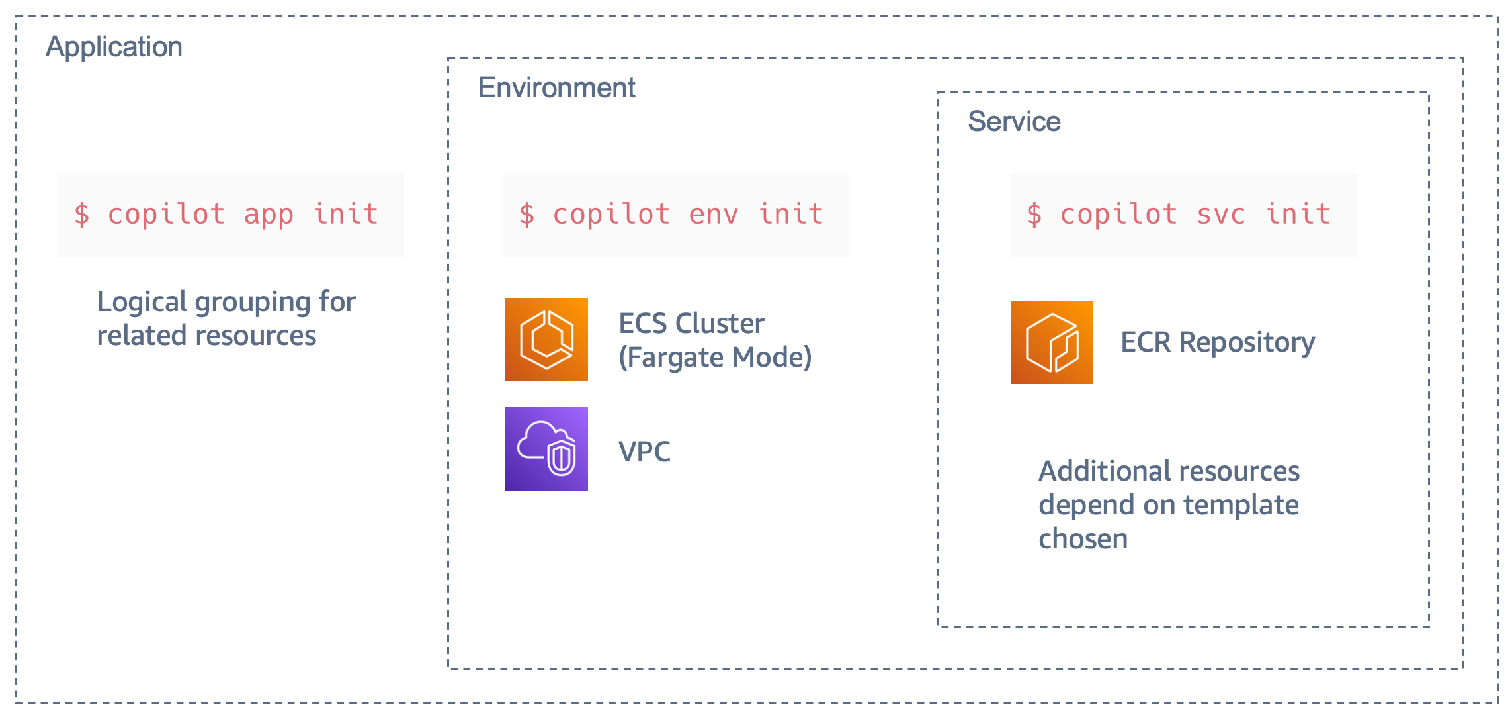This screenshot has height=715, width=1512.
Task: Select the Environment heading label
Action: pyautogui.click(x=556, y=88)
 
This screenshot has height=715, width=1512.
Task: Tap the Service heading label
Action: pyautogui.click(x=1014, y=122)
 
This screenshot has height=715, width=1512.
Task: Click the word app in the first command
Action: pyautogui.click(x=269, y=215)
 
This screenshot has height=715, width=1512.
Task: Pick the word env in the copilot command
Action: pyautogui.click(x=714, y=215)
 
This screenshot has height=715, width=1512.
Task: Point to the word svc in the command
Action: pyautogui.click(x=1221, y=215)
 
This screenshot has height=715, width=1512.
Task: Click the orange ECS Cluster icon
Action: pyautogui.click(x=546, y=340)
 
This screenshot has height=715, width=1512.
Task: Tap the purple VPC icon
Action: pyautogui.click(x=546, y=449)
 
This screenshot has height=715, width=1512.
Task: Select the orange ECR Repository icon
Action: pyautogui.click(x=1052, y=342)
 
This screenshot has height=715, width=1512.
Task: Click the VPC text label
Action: pyautogui.click(x=644, y=452)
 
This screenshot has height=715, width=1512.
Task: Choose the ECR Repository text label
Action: pyautogui.click(x=1218, y=343)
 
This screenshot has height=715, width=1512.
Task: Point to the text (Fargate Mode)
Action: pyautogui.click(x=715, y=358)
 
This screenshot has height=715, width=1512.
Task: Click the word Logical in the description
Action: pyautogui.click(x=142, y=303)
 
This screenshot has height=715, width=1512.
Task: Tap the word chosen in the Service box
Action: pyautogui.click(x=1083, y=539)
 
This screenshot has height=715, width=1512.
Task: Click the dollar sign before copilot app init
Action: pyautogui.click(x=82, y=215)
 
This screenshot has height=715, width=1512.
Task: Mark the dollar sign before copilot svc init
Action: pyautogui.click(x=1034, y=215)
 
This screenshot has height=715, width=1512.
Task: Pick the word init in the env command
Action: pyautogui.click(x=790, y=214)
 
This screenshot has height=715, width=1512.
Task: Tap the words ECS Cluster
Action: pyautogui.click(x=691, y=324)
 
